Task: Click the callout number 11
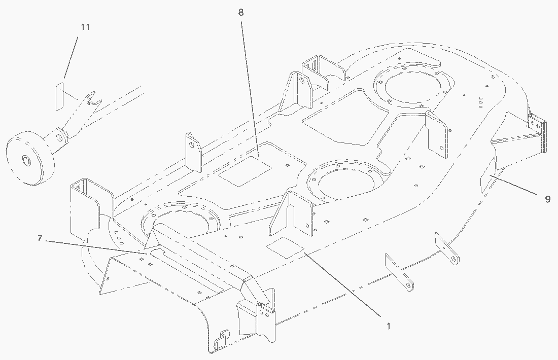85,27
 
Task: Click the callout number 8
240,12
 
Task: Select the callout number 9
547,199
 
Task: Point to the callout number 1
389,327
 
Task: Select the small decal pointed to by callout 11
59,95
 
